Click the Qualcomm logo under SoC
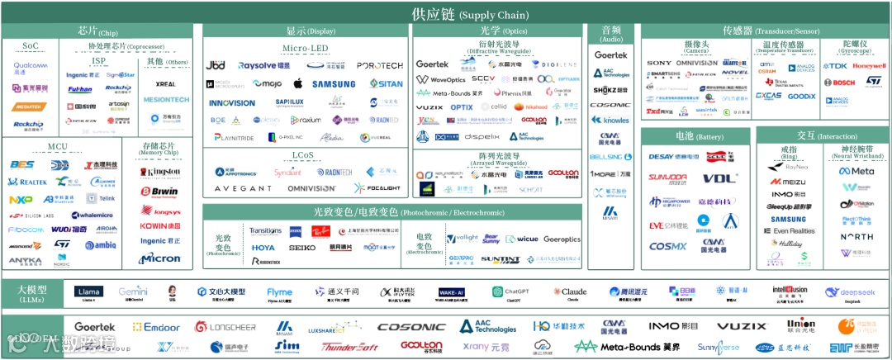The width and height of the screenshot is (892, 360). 31,66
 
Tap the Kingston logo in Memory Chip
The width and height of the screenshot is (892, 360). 160,173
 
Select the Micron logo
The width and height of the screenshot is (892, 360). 159,258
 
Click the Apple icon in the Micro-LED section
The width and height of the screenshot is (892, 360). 298,84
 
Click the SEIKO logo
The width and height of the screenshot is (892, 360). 302,247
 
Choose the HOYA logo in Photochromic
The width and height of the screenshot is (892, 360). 263,247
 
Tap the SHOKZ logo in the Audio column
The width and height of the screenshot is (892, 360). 611,89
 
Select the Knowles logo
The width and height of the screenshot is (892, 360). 611,121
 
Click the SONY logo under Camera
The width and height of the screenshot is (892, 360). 659,63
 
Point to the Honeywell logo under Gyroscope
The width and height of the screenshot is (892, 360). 869,66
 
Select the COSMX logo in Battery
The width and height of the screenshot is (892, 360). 667,246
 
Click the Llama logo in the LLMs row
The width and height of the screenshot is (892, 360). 89,291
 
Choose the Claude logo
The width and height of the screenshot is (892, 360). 570,291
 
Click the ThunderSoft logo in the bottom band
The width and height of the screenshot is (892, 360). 349,347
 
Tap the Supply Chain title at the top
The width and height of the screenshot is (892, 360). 470,15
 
